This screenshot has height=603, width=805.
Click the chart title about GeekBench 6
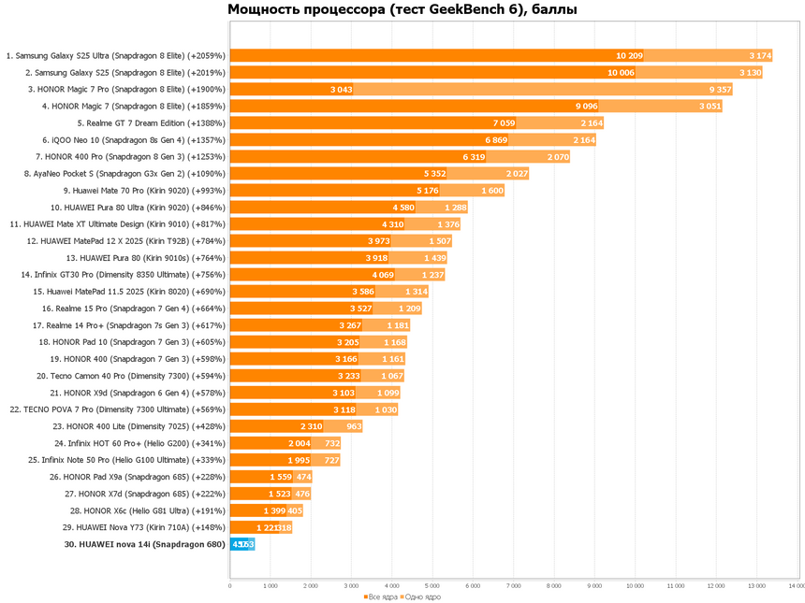point(402,10)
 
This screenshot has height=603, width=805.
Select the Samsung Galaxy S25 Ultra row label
point(116,55)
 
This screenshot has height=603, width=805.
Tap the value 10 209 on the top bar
point(629,55)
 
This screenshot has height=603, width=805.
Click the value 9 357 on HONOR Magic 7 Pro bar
point(720,89)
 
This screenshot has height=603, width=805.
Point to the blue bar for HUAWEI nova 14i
point(242,543)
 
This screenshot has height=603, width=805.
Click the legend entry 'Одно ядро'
point(421,596)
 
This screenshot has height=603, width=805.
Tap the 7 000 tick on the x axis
point(513,586)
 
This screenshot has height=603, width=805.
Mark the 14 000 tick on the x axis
point(796,586)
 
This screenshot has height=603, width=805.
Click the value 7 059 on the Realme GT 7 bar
point(504,122)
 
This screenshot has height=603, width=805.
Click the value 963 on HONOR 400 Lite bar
point(354,425)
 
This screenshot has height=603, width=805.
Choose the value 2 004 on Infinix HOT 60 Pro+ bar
point(300,442)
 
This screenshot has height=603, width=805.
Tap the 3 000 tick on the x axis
point(351,586)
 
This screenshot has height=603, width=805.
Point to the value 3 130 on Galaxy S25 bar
point(750,72)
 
